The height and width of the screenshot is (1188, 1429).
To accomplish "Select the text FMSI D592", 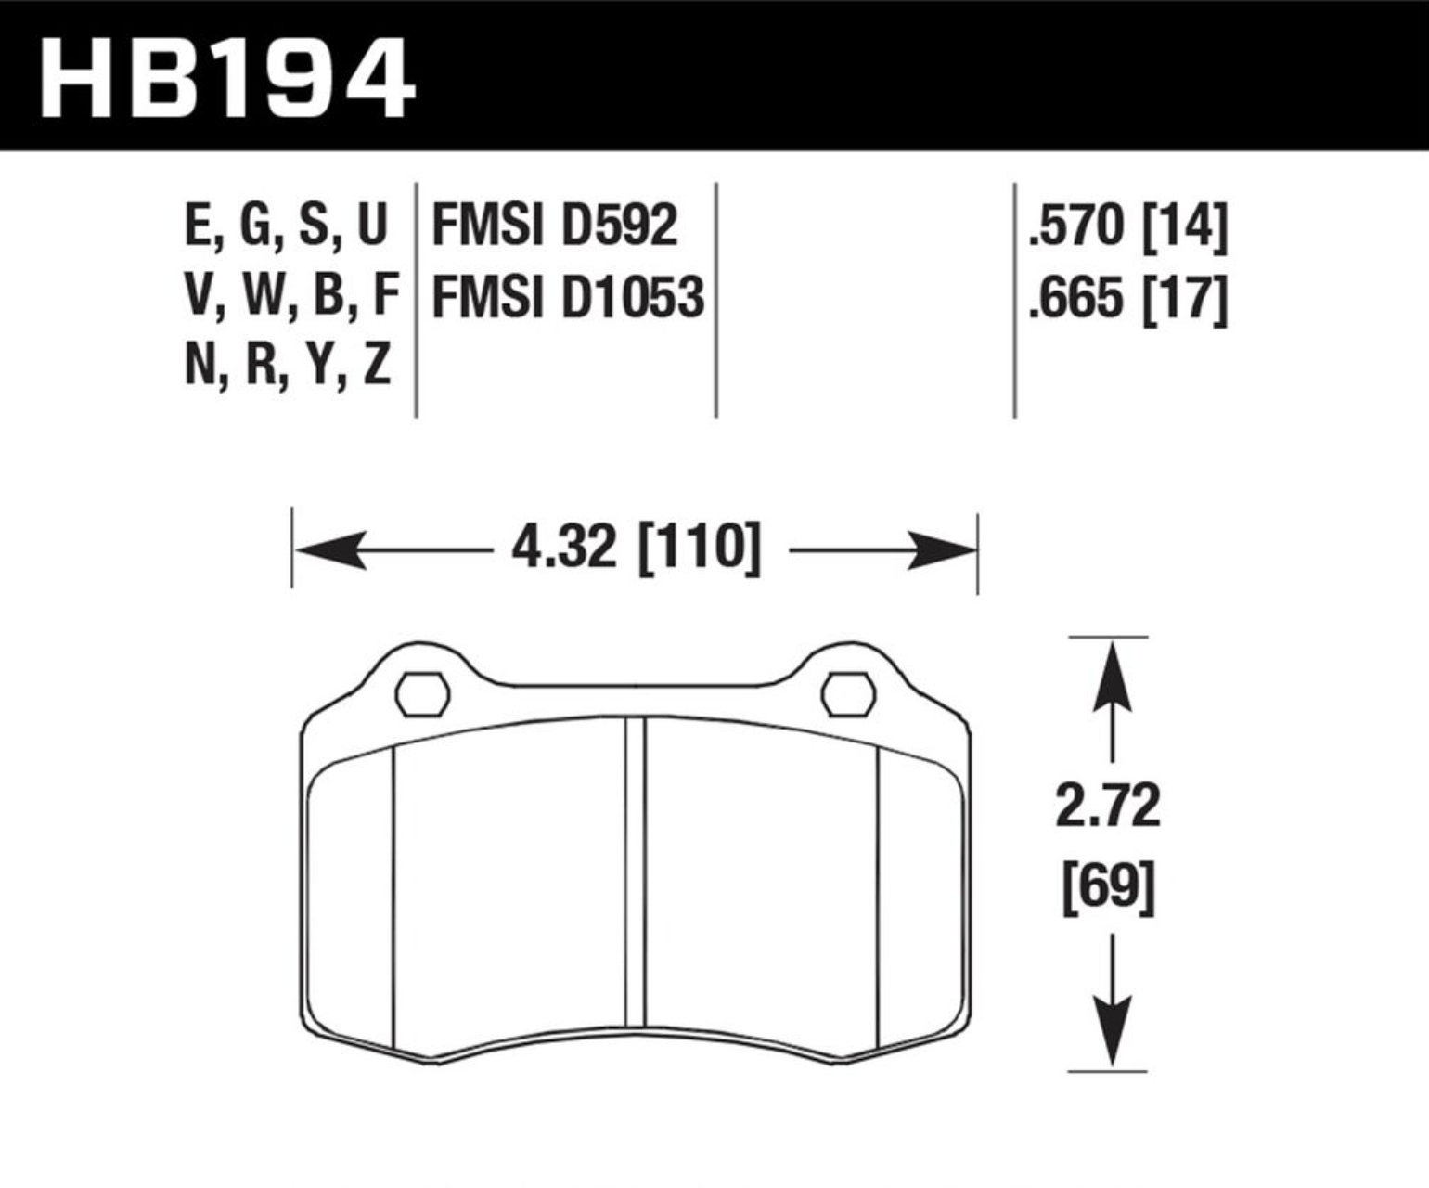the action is [x=555, y=225].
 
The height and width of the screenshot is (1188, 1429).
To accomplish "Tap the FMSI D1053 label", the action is [x=568, y=297].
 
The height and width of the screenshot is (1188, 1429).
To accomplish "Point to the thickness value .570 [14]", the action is [x=1127, y=226].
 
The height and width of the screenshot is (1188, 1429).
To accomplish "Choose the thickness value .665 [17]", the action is [x=1127, y=298].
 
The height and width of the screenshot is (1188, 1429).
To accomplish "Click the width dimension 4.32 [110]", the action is [x=637, y=549].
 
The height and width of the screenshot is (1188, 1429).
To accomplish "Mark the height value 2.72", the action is [x=1108, y=806].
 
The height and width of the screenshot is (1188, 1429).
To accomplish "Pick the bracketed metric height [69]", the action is [x=1109, y=888].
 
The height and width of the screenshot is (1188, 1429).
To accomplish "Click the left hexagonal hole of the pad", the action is [x=422, y=695].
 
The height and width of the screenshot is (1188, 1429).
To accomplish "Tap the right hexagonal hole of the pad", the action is [x=848, y=695].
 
